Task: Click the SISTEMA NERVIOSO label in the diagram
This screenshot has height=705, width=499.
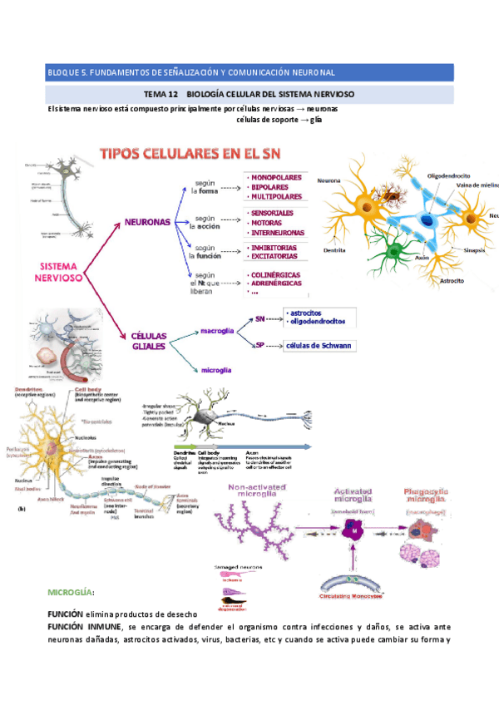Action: (x=59, y=272)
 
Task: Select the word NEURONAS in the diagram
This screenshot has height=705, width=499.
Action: (x=147, y=223)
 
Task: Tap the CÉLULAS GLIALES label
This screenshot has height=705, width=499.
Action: (x=150, y=341)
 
